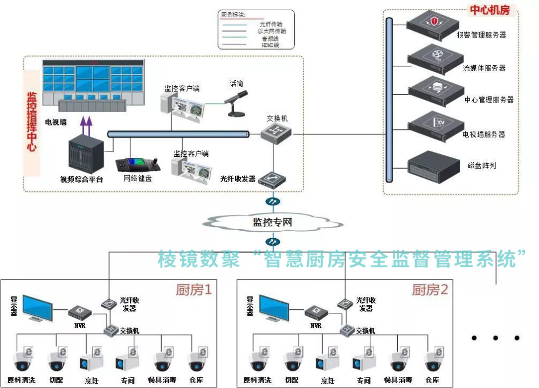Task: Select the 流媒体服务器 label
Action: (x=484, y=68)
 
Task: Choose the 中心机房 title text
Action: (x=489, y=10)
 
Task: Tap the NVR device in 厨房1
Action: (x=80, y=311)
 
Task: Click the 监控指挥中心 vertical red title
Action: (x=32, y=121)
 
